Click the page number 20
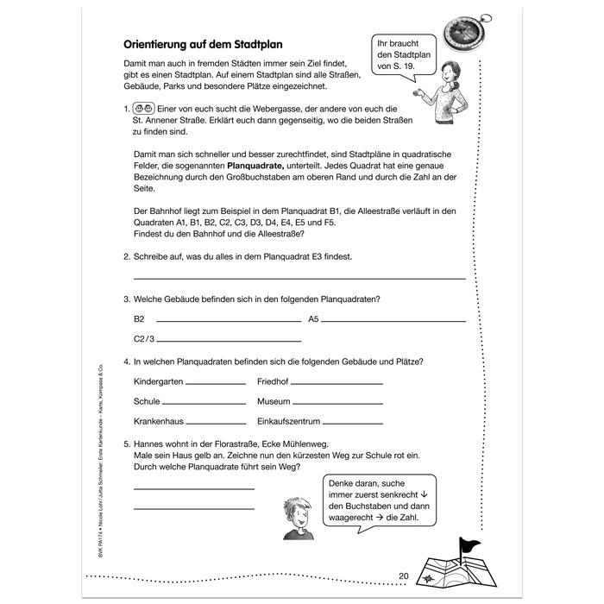(x=404, y=576)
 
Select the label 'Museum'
(x=274, y=401)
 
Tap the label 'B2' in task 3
(x=139, y=318)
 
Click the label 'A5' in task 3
(x=314, y=318)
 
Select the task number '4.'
(x=127, y=361)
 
